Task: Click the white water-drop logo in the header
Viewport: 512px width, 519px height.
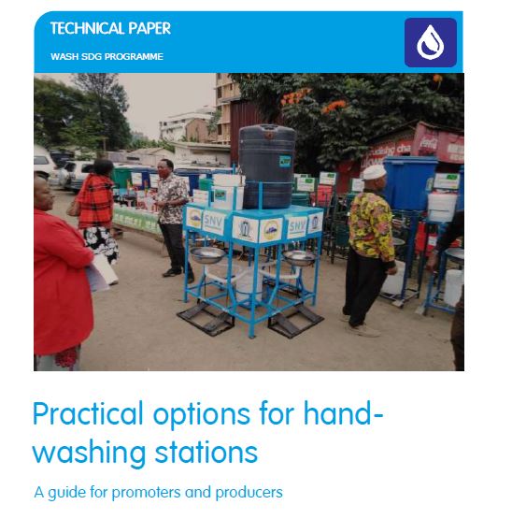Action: point(431,42)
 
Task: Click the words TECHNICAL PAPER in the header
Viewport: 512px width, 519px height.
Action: point(110,29)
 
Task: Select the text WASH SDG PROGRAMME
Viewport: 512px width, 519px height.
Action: point(107,57)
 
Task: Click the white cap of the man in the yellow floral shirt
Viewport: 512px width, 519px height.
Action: point(375,173)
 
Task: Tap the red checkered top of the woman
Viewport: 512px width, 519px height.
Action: point(95,200)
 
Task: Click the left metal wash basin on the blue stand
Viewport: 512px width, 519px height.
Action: point(207,254)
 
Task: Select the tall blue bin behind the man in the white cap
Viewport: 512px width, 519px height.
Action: point(409,181)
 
